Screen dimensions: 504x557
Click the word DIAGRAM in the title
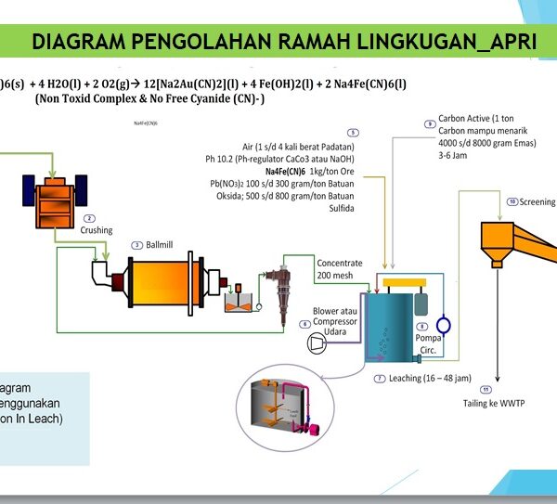(75, 42)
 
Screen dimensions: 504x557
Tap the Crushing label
(96, 230)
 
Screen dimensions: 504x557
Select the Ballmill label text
(159, 244)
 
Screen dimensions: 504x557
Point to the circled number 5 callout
(353, 134)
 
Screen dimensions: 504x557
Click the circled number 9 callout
(429, 123)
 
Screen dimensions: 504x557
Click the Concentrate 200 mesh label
(339, 269)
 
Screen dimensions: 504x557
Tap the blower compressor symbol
(317, 342)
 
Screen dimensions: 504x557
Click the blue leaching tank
(390, 325)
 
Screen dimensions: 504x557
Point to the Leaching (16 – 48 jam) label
(415, 379)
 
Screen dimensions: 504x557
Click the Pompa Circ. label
(428, 344)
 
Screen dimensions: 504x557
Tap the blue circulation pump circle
(444, 325)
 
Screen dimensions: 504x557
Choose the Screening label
(537, 201)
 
